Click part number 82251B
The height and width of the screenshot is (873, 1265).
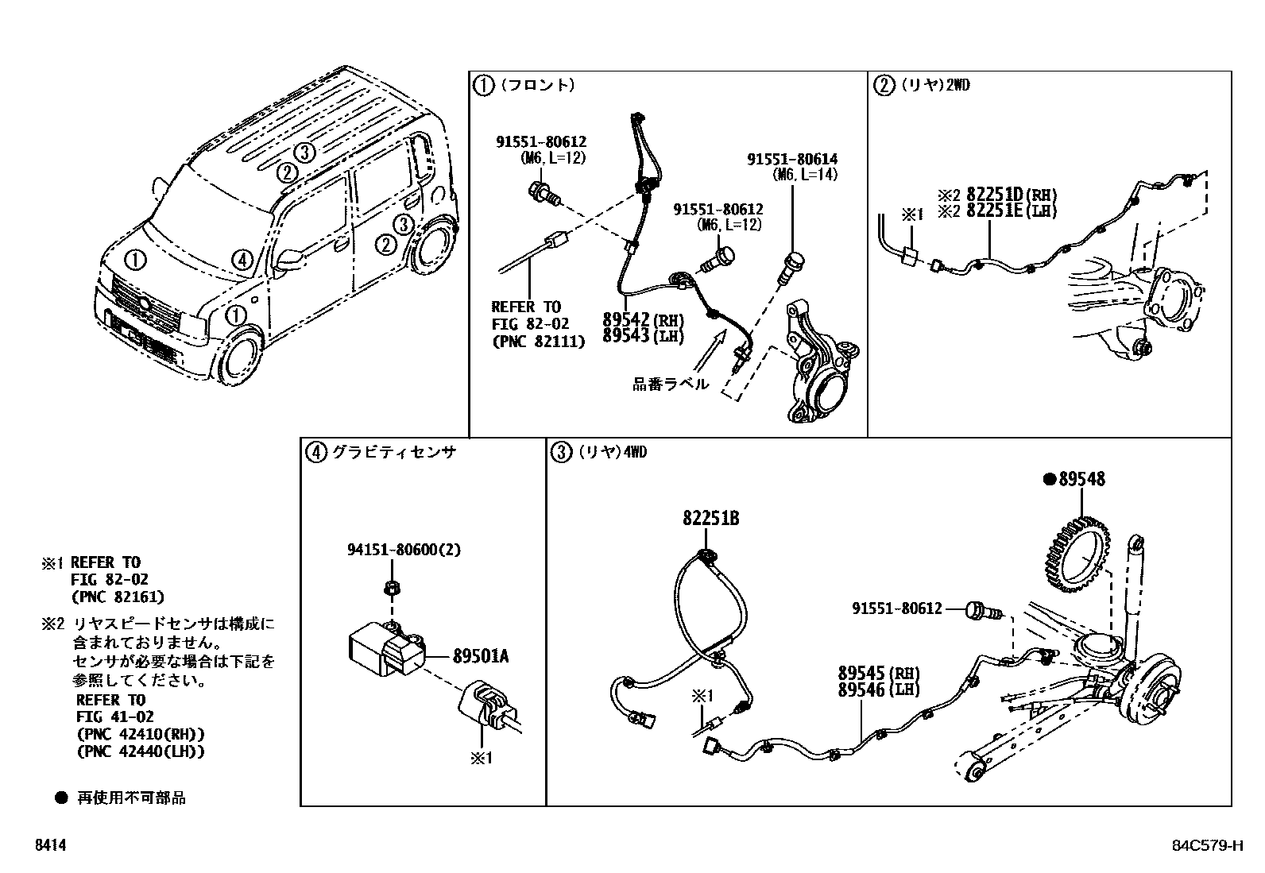[x=710, y=519]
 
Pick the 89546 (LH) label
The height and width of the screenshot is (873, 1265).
[x=872, y=690]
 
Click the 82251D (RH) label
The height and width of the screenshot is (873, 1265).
[x=1008, y=195]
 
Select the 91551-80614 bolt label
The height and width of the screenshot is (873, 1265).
[x=791, y=160]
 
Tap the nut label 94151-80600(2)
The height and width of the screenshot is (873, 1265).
[x=404, y=549]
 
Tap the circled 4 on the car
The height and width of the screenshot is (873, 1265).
[x=242, y=259]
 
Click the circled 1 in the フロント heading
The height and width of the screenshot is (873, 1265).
[x=483, y=85]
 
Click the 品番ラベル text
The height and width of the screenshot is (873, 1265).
[x=670, y=384]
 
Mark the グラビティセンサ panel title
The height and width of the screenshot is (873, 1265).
[x=393, y=453]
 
